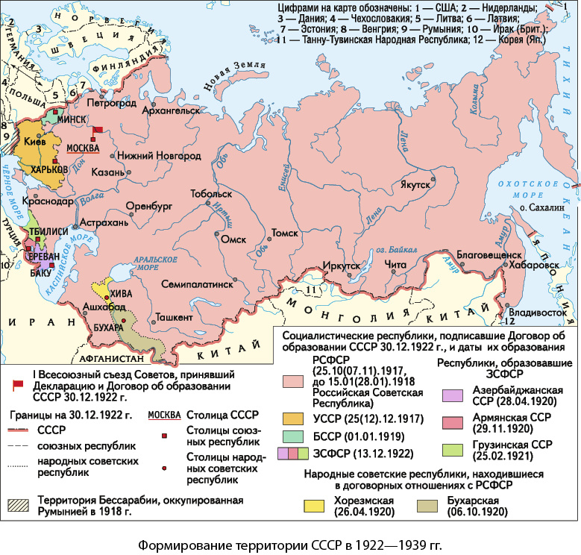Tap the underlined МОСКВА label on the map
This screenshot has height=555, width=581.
click(x=83, y=148)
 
